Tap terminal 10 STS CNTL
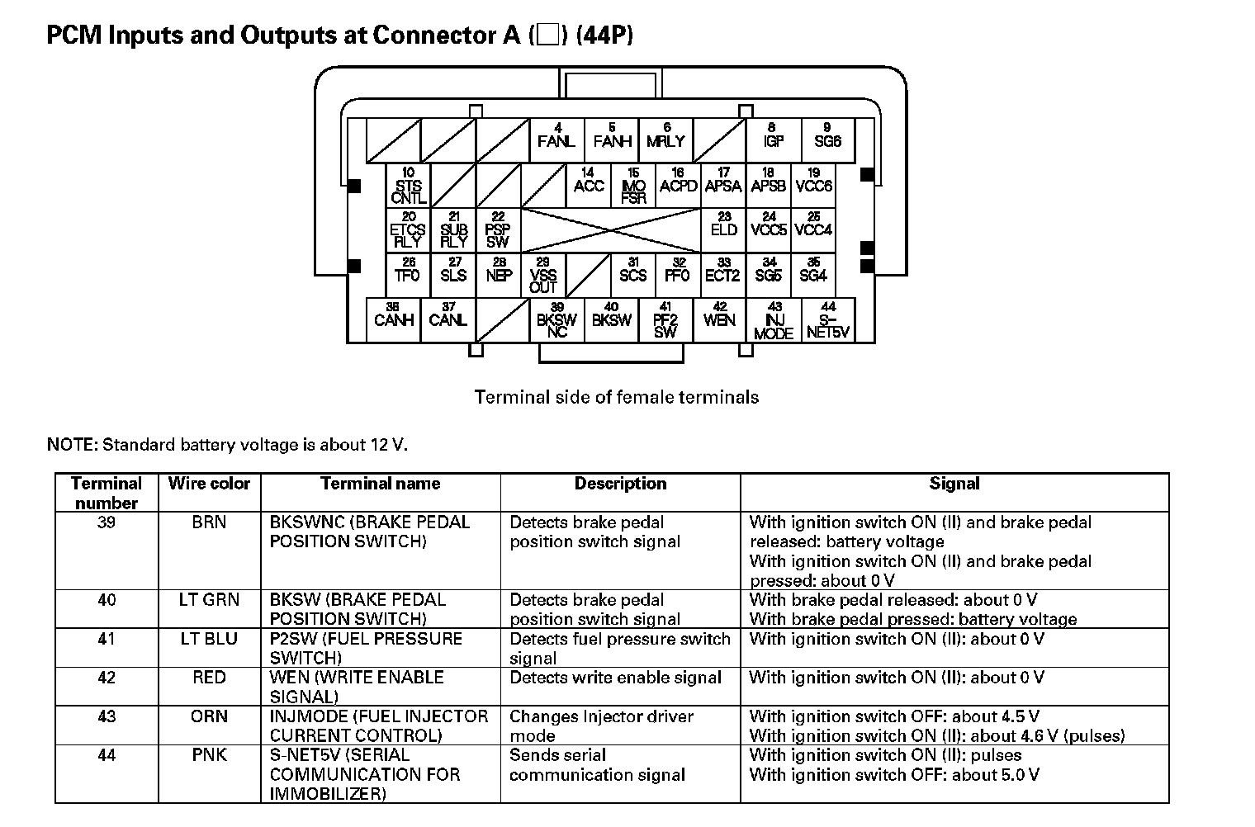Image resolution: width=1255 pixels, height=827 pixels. tap(409, 186)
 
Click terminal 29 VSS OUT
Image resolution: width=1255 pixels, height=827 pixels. tap(542, 275)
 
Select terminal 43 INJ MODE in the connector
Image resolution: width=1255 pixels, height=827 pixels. tap(774, 320)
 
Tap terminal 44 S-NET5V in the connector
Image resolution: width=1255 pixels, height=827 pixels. tap(828, 320)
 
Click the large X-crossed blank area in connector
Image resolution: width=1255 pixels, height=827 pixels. tap(611, 229)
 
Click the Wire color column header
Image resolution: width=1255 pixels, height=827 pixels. tap(209, 484)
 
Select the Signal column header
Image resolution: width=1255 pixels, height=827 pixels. tap(954, 484)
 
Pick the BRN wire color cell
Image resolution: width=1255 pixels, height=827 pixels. tap(209, 522)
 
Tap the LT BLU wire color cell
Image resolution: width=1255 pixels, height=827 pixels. tap(209, 639)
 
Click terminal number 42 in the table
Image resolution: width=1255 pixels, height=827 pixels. tap(107, 678)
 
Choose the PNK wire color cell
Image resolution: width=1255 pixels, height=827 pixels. tap(209, 755)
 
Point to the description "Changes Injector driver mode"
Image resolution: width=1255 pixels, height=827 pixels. tap(601, 725)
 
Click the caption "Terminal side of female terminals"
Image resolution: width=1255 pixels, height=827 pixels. tap(616, 397)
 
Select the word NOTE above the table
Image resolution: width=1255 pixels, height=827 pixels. tap(72, 445)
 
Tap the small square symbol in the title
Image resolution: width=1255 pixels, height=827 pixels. tap(547, 35)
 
